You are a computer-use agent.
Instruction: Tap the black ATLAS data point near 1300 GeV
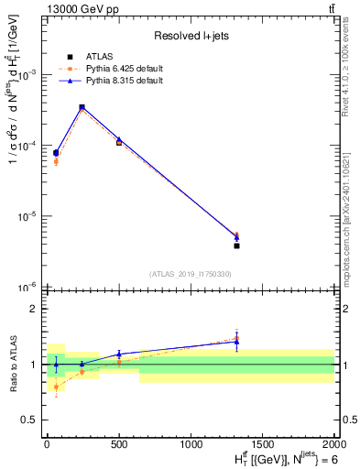coord(236,245)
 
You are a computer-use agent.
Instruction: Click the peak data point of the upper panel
coord(82,107)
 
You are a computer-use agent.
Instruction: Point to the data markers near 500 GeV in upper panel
coord(119,141)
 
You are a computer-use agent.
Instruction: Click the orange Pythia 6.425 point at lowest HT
coord(56,161)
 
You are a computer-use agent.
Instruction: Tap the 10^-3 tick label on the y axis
coord(30,75)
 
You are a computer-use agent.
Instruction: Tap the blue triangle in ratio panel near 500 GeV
coord(119,354)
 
